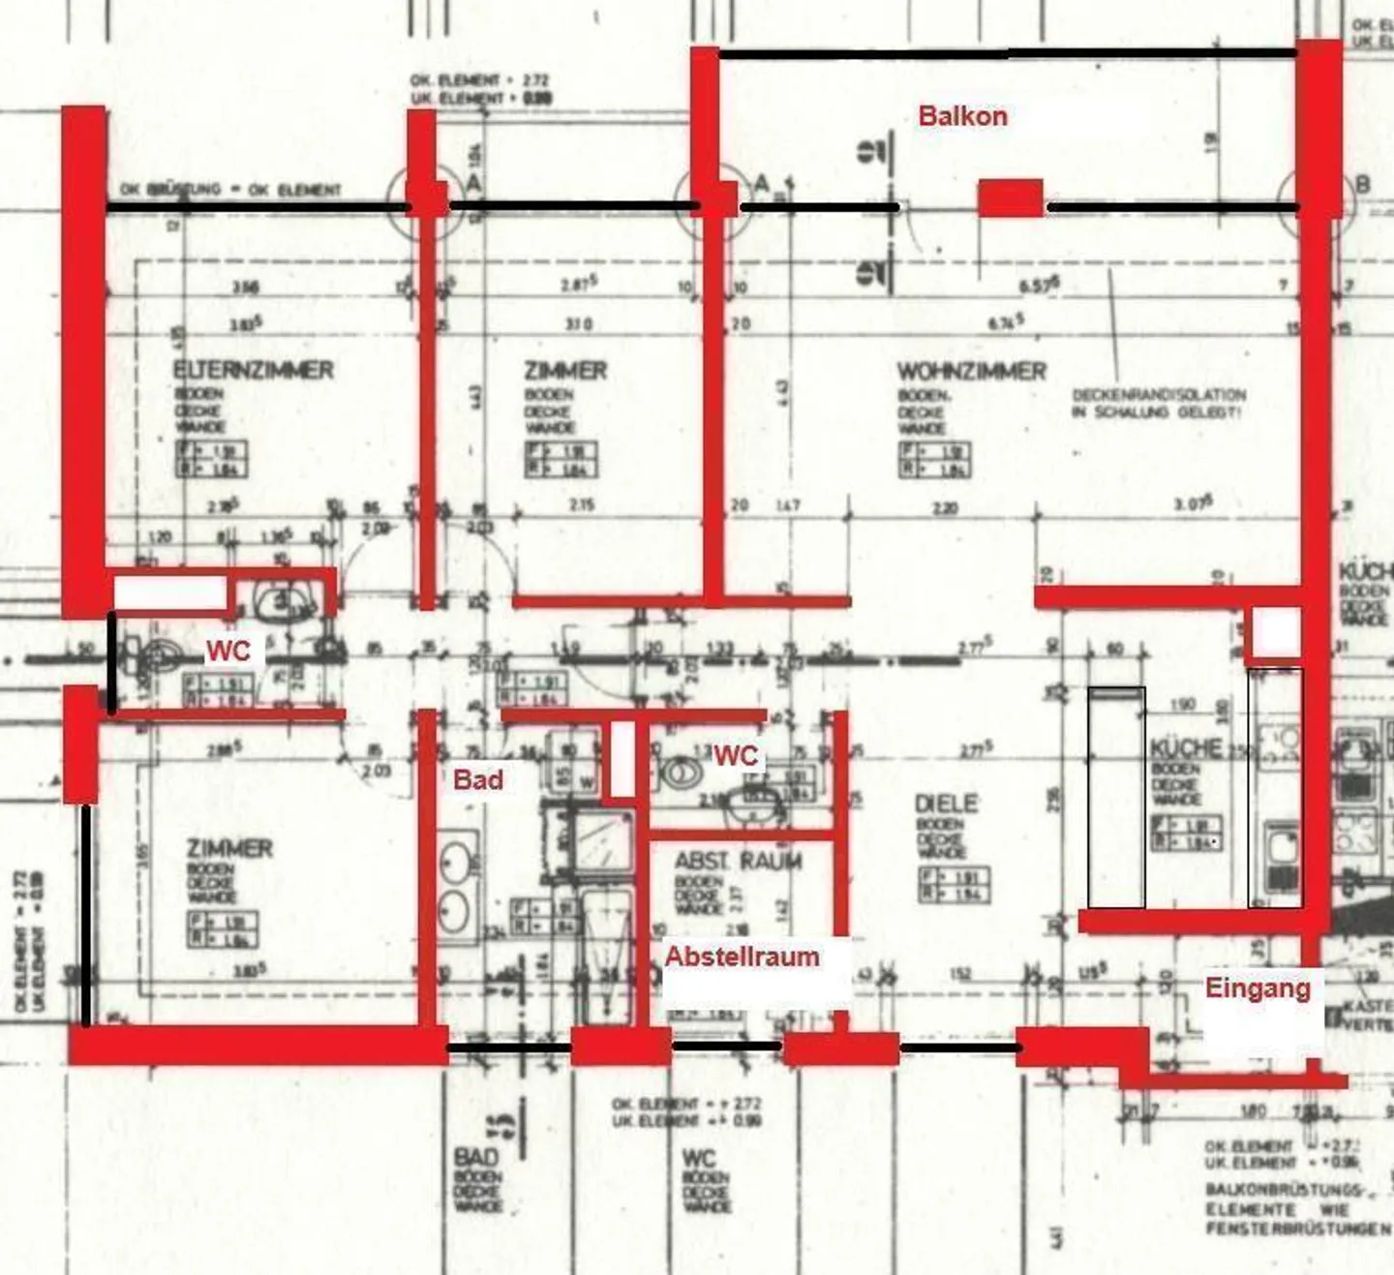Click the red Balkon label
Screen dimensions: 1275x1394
coord(962,116)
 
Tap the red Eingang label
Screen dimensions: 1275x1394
coord(1258,988)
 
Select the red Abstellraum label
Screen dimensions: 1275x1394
coord(742,956)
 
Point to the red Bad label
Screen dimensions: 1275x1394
coord(478,779)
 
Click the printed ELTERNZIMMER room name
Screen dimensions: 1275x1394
coord(253,370)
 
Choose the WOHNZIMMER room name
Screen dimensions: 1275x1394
coord(971,372)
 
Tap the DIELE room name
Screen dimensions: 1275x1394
coord(946,804)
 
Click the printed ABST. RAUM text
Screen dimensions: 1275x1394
coord(738,861)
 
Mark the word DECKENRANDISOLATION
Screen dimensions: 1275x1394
coord(1159,395)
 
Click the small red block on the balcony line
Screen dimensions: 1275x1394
coord(1010,197)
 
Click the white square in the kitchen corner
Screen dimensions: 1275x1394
coord(1276,633)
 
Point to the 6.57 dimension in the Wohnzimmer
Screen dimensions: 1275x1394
coord(1040,286)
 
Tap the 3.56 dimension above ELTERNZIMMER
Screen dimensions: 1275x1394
coord(246,288)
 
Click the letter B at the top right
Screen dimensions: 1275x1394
coord(1362,185)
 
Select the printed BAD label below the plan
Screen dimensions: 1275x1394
coord(476,1157)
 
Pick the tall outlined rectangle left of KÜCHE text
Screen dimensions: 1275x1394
coord(1116,798)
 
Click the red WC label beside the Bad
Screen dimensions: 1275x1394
coord(736,755)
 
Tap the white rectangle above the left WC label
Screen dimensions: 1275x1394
coord(170,592)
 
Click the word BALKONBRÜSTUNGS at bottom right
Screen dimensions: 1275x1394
coord(1284,1189)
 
